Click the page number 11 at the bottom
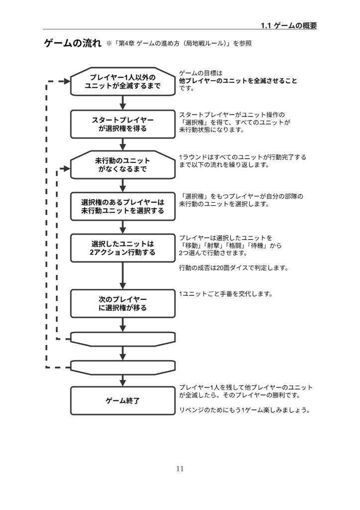point(180,469)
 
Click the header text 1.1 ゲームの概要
point(289,26)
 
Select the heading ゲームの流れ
point(73,44)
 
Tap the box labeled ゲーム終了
point(122,400)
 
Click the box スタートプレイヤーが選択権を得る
point(122,124)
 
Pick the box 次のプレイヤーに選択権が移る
point(122,303)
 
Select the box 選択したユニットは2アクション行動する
point(122,248)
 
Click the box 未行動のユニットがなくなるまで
point(122,165)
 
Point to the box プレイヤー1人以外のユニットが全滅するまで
point(122,81)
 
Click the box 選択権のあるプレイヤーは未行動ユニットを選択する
point(122,207)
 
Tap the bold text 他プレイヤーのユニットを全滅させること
point(238,81)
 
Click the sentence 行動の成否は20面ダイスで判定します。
point(234,268)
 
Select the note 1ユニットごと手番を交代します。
point(226,294)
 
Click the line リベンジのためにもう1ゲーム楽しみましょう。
point(244,410)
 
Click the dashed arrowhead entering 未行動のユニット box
point(67,168)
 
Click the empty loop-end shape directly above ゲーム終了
point(122,367)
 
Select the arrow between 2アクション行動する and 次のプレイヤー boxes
point(122,276)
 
